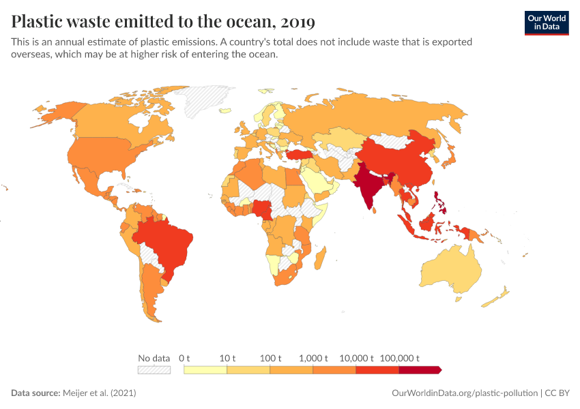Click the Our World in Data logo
point(546,22)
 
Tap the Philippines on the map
point(441,201)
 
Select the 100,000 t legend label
point(399,358)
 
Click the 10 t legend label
point(227,358)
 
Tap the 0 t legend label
point(184,358)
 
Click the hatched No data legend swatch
point(154,370)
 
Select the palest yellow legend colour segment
point(205,370)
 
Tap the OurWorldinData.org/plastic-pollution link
point(465,393)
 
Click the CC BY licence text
point(558,393)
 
